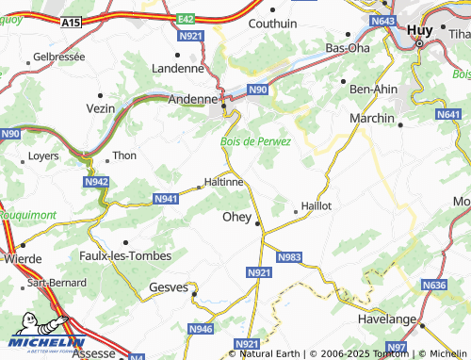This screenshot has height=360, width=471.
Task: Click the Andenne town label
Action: coord(192,97)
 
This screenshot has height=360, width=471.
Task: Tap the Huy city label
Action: coord(420,30)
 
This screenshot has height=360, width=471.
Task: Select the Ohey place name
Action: coord(235,217)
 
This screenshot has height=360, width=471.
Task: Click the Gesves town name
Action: coord(169,287)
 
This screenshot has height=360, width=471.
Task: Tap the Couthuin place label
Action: coord(271,24)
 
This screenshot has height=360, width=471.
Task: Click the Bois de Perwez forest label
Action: coord(255,140)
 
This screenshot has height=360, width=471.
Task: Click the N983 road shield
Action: coord(289,256)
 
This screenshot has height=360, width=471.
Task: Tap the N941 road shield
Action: coord(165,199)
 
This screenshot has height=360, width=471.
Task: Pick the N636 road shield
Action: coord(433,285)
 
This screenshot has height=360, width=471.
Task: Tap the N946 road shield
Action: coord(200,329)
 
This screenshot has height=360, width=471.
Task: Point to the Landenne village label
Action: coord(177,68)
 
